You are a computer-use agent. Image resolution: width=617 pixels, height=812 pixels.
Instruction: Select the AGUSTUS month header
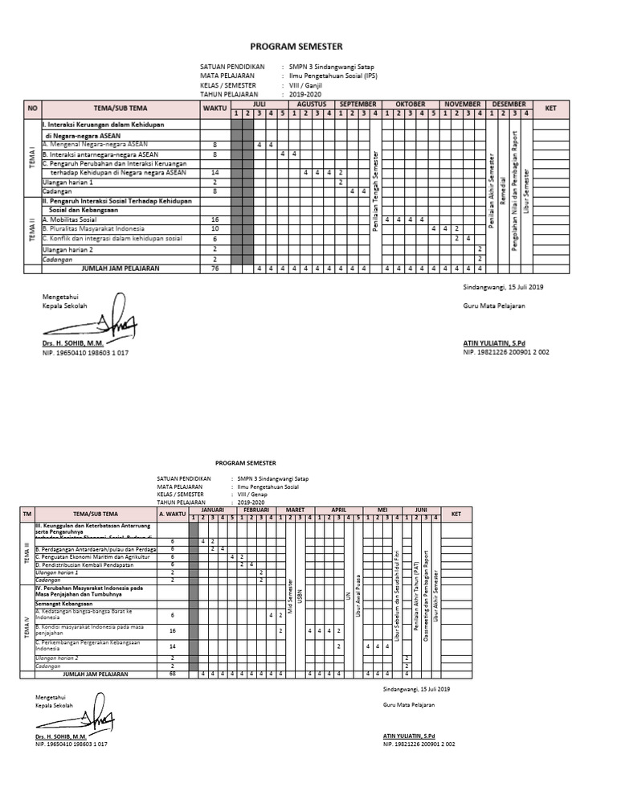[x=311, y=105]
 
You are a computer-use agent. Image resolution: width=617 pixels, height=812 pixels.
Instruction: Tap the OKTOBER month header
[x=410, y=105]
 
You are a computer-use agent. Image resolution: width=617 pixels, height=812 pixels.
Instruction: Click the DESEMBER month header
[x=509, y=105]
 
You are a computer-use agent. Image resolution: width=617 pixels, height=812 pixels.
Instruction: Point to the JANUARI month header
[x=212, y=511]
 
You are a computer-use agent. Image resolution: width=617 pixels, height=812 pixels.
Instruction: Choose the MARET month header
[x=296, y=511]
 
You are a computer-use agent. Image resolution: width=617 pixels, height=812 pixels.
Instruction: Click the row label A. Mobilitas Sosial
[x=70, y=219]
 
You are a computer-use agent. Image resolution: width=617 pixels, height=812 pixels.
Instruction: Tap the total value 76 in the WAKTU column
[x=215, y=269]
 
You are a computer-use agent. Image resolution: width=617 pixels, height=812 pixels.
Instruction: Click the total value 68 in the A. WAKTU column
[x=173, y=674]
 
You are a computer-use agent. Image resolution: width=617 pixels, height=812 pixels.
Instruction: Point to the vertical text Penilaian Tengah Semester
[x=375, y=191]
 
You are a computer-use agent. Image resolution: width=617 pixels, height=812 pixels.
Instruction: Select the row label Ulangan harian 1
[x=67, y=182]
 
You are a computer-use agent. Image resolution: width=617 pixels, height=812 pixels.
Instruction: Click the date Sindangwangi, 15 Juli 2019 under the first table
[x=503, y=287]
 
